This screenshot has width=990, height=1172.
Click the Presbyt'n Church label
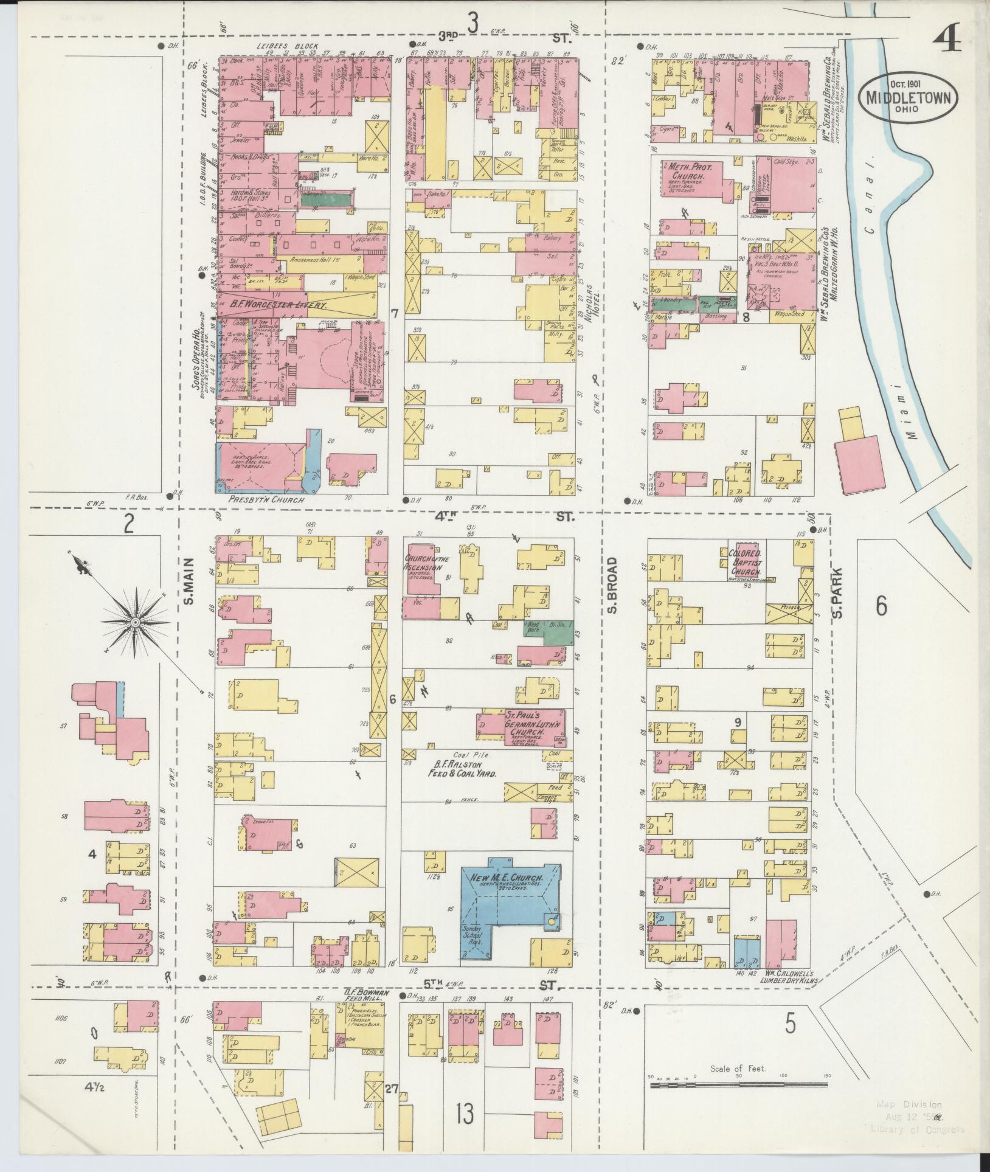[266, 499]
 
